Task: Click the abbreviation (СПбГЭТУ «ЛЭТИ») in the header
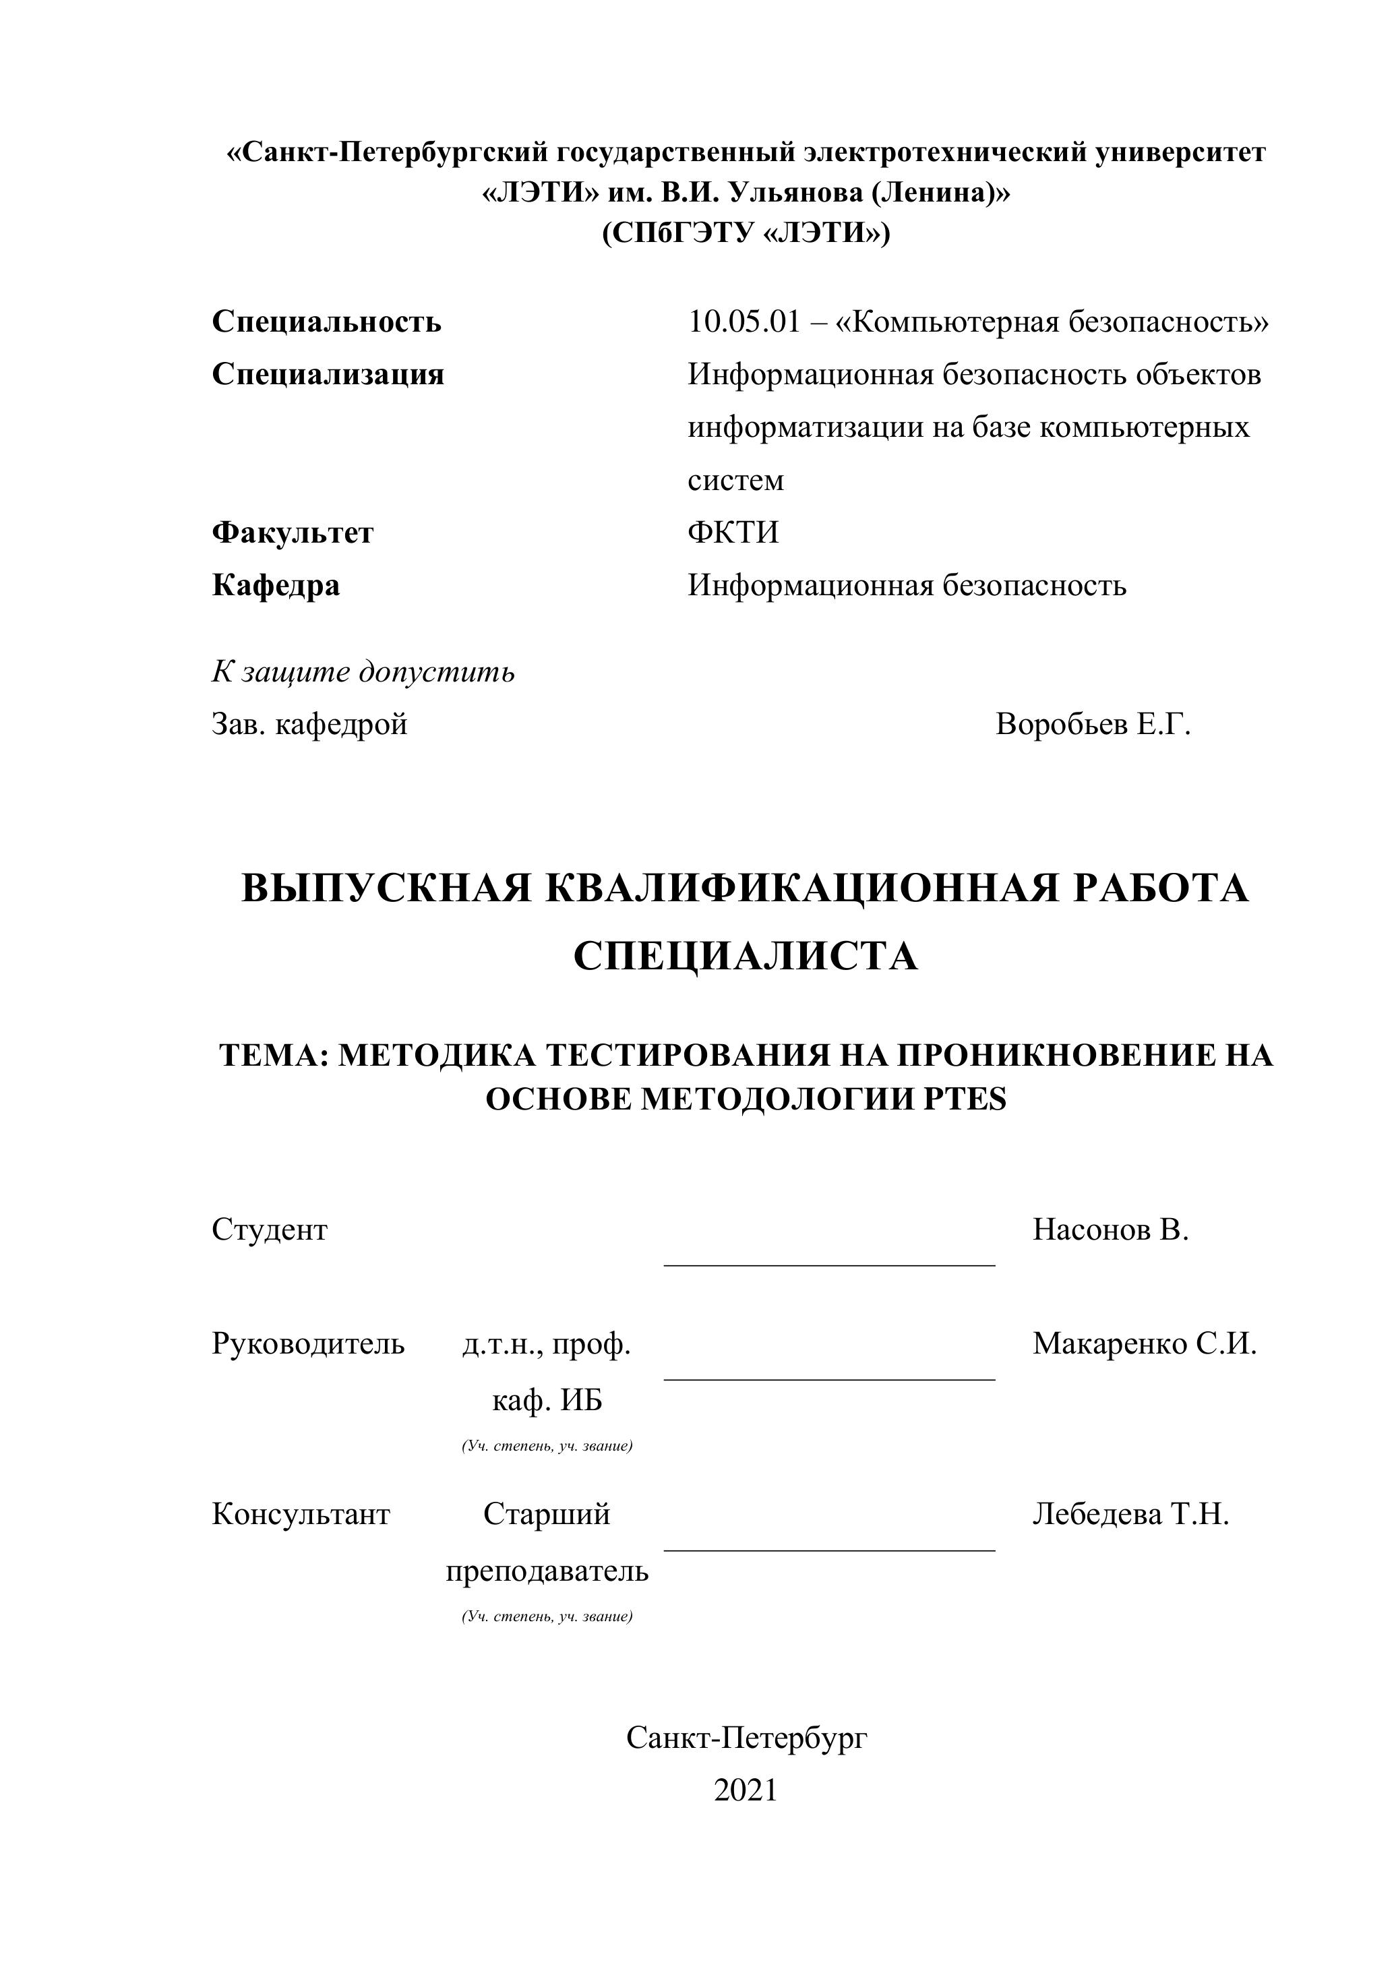click(x=746, y=233)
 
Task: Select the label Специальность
click(x=326, y=322)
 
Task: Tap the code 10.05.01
click(x=744, y=322)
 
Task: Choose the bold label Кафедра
click(x=276, y=586)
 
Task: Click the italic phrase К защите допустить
click(x=363, y=671)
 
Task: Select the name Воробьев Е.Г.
click(x=1093, y=725)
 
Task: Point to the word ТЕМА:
click(x=274, y=1055)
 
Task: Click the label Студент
click(x=270, y=1230)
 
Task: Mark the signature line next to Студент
click(x=829, y=1264)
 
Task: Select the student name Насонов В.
click(x=1110, y=1230)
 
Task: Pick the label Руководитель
click(x=308, y=1343)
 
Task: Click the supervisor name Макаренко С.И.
click(x=1144, y=1343)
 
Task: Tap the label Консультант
click(x=301, y=1513)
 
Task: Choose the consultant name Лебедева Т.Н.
click(x=1130, y=1513)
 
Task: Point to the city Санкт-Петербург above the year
click(x=746, y=1738)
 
